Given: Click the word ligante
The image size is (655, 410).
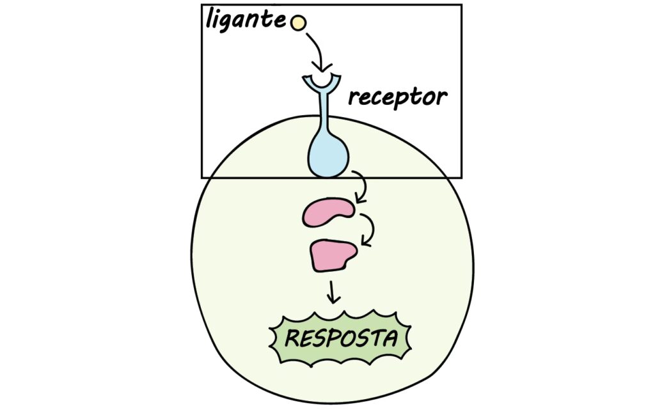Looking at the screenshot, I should coord(245,20).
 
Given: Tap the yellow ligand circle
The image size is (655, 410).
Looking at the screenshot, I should coord(298,23).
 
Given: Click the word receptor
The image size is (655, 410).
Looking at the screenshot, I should coord(397,98).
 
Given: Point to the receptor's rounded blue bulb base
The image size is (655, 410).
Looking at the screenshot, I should coord(328,157).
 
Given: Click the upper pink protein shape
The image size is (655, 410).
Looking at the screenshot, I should coord(328,212).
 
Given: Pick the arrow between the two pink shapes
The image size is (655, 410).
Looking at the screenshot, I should coord(368,230).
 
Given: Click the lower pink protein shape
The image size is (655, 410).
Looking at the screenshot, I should coord(333,255).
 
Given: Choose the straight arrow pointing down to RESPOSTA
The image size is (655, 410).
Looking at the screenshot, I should coord(332,292).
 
